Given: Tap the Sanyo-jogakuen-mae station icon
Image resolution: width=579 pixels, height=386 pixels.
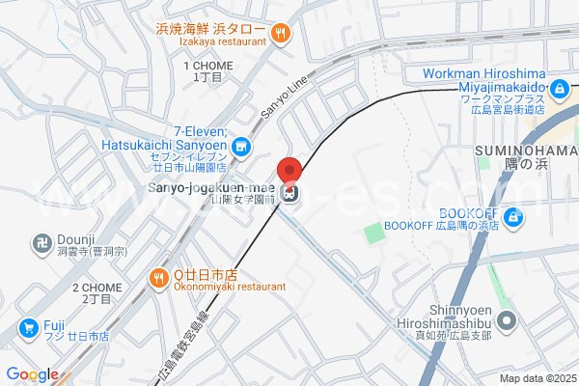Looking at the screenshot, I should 290,192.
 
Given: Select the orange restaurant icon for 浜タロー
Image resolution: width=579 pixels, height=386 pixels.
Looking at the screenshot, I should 281,33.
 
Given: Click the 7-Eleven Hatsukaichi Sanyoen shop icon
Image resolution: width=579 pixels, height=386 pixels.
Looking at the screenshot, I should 241,148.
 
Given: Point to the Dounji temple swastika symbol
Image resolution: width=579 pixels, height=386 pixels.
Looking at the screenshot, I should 42,240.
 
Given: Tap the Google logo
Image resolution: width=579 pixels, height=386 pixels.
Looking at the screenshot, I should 32,374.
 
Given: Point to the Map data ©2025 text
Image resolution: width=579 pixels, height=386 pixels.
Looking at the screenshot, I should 536,378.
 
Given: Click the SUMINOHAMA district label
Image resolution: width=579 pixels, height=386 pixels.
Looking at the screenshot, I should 524,153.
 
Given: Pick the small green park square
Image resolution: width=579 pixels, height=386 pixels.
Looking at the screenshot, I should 373,233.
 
